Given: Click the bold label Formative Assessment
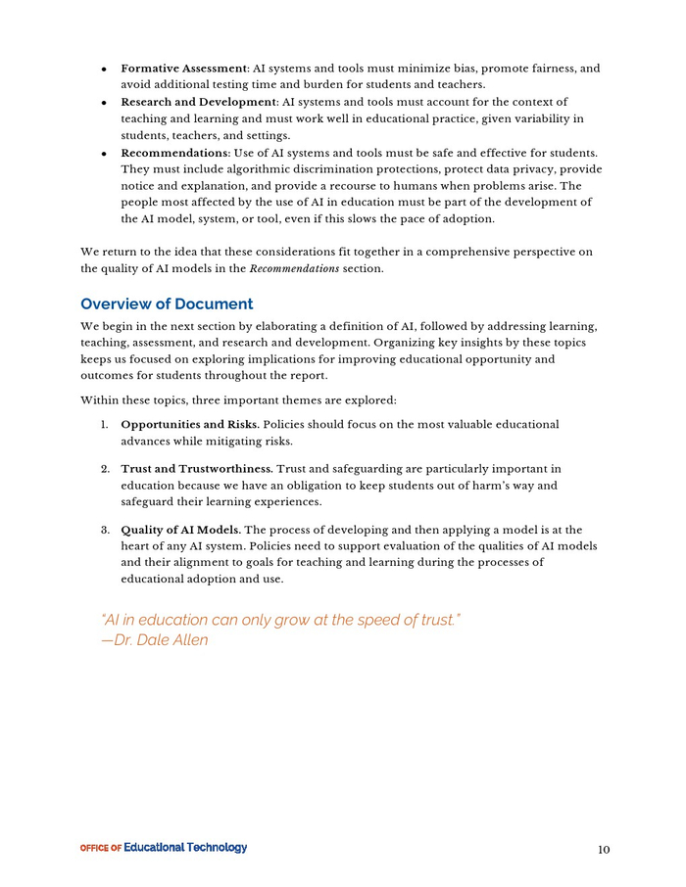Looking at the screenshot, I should (184, 69).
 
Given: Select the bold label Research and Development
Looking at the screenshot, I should (198, 102).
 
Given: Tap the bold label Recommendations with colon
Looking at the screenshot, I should (175, 153).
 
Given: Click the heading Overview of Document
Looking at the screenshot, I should (167, 303).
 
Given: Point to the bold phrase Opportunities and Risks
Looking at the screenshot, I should (189, 425).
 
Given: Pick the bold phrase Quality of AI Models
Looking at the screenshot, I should (179, 531).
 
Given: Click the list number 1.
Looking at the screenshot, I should (104, 425).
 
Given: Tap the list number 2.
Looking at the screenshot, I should (104, 469).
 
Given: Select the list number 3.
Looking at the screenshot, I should (104, 531).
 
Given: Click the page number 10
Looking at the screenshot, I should (604, 850).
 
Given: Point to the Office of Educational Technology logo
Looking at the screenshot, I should (164, 848).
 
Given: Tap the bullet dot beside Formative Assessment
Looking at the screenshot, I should (103, 70).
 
